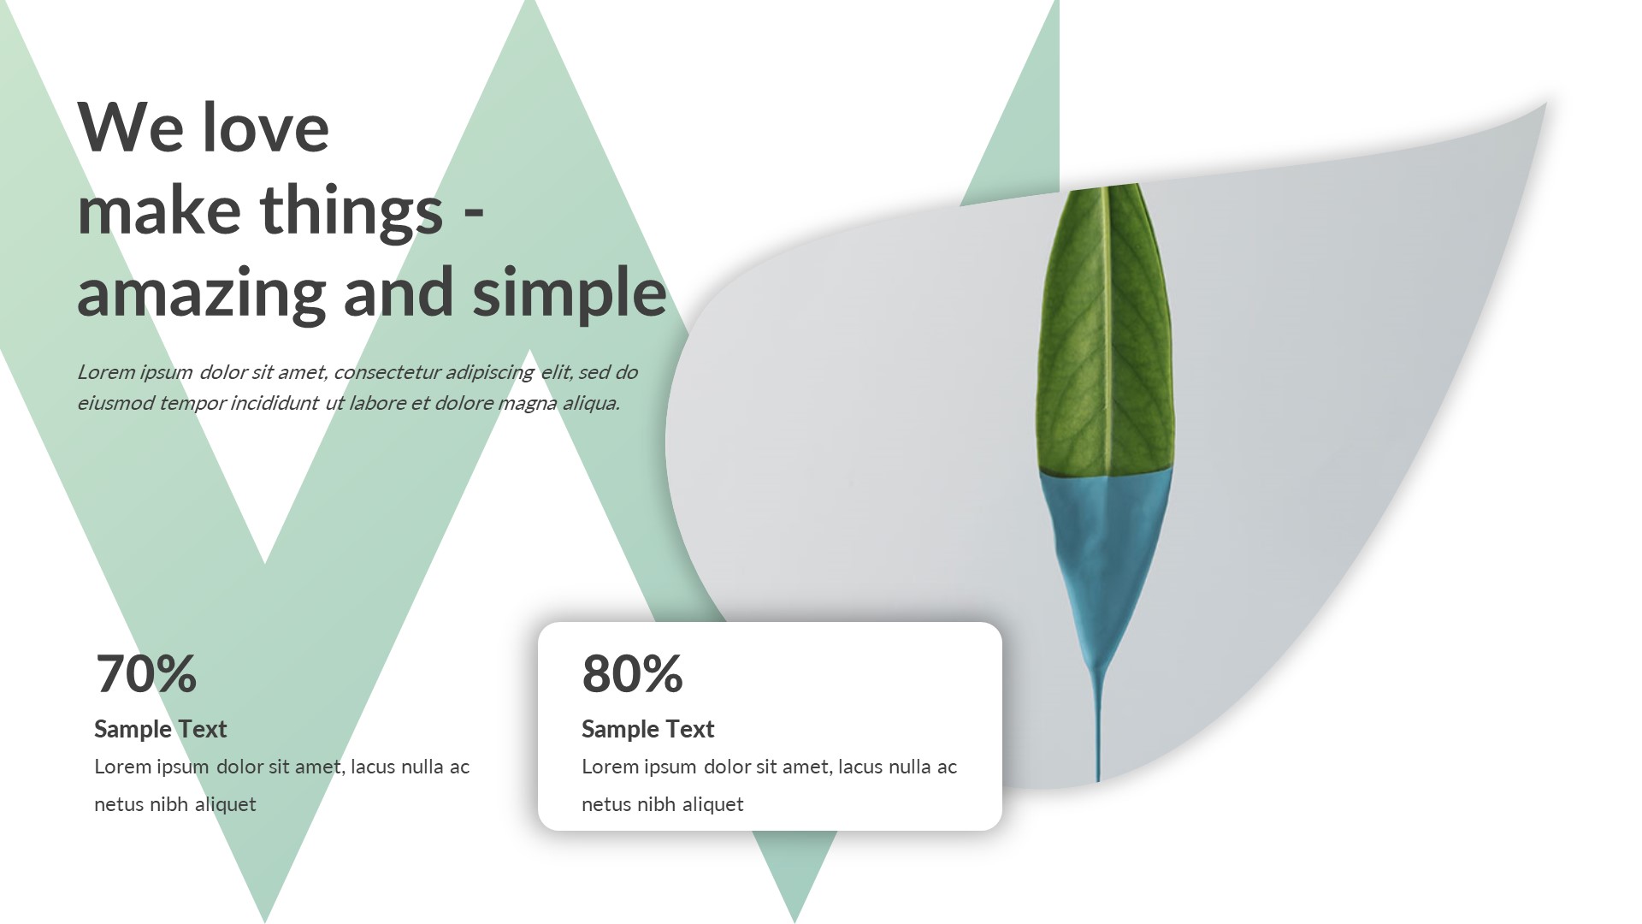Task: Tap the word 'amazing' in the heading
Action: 202,293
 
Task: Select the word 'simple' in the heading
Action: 569,293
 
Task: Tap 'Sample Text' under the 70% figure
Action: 160,729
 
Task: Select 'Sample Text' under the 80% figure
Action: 647,729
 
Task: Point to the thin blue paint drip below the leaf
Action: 1099,727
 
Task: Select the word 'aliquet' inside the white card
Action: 712,804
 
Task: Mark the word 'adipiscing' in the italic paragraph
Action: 489,373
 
